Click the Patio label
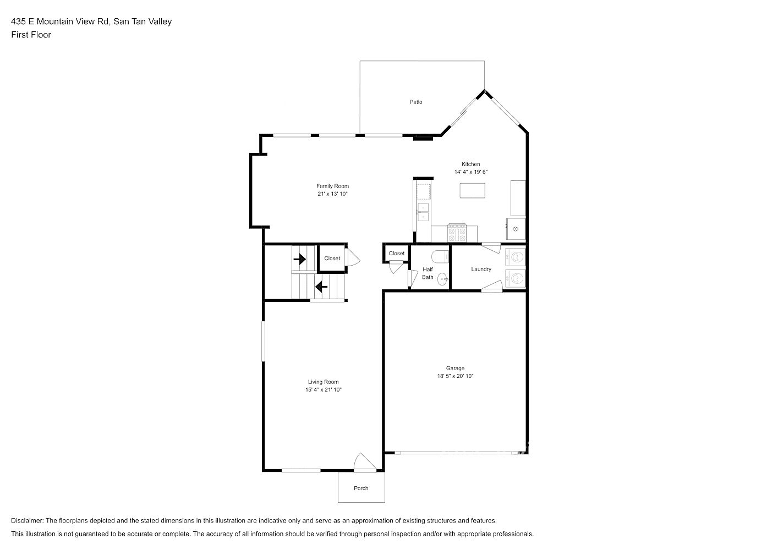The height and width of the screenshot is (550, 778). [x=416, y=102]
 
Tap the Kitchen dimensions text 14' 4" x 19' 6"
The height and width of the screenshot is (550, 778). [x=471, y=172]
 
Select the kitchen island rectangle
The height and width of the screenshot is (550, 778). [x=472, y=191]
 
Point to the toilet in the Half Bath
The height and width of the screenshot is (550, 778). [x=440, y=257]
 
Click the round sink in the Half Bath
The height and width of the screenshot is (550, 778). [x=442, y=279]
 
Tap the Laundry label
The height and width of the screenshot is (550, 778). [x=481, y=269]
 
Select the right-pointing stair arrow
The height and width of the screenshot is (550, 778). [x=299, y=259]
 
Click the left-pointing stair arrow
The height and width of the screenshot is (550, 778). [x=321, y=287]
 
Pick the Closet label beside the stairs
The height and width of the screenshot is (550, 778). [x=332, y=258]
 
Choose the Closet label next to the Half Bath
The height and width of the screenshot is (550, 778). [x=397, y=254]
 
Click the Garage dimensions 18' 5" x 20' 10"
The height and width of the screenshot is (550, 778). [x=456, y=376]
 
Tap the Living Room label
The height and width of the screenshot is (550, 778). [x=324, y=382]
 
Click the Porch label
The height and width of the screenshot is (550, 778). [x=361, y=488]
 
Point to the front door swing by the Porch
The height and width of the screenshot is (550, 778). [x=365, y=462]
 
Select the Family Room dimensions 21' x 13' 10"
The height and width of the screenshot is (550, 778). [x=332, y=194]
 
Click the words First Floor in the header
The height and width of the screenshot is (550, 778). [x=31, y=35]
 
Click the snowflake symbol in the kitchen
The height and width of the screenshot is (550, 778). [x=516, y=229]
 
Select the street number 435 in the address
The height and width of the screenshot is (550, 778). [x=18, y=21]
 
